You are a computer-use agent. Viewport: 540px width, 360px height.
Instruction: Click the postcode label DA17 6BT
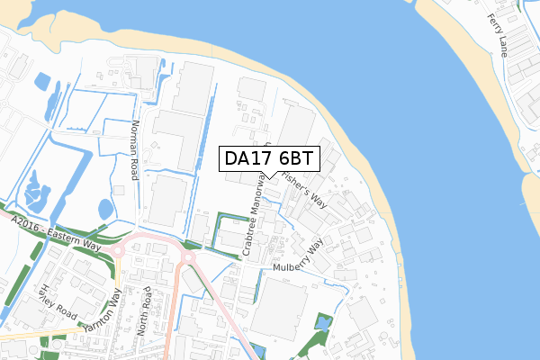(269, 159)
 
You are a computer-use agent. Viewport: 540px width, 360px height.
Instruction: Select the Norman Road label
(135, 150)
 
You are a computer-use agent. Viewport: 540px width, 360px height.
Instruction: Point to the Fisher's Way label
(303, 189)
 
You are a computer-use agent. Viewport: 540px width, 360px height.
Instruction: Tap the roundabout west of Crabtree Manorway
(190, 258)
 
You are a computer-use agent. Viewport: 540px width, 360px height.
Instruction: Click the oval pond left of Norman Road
(106, 209)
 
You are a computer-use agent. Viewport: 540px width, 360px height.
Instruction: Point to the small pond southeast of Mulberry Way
(323, 322)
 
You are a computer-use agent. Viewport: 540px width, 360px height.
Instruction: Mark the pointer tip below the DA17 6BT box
(270, 177)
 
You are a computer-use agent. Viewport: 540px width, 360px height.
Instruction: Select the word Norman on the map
(133, 138)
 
